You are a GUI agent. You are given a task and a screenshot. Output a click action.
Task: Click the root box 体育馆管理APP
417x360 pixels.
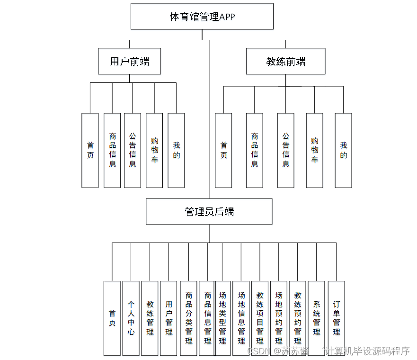coord(202,17)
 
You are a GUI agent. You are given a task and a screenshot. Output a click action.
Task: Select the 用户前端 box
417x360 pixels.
coord(129,61)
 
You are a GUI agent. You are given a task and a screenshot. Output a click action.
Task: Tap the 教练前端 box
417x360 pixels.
coord(285,61)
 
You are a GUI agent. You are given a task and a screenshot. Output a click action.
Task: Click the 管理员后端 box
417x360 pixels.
coord(209,211)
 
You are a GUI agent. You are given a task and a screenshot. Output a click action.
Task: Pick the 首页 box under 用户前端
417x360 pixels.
coord(90,150)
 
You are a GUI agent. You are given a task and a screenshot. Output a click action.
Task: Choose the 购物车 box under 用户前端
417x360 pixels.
coord(154,150)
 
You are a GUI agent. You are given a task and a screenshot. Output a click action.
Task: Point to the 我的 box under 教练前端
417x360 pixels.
coord(343,150)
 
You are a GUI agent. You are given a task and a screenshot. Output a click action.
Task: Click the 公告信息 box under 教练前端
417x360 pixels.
coord(285,150)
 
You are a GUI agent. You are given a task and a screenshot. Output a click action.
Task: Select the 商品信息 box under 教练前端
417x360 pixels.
coord(254,150)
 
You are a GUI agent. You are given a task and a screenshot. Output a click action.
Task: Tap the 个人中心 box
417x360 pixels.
coord(131,318)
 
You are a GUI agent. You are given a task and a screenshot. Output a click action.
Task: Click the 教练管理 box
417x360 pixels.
coord(150,318)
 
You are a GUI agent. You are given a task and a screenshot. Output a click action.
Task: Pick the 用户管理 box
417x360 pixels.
coord(169,318)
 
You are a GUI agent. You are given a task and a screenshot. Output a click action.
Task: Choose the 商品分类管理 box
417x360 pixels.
coord(188,318)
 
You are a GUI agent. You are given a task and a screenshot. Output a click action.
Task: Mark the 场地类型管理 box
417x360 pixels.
coord(222,318)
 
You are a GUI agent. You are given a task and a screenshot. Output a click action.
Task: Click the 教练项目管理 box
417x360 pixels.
coord(260,318)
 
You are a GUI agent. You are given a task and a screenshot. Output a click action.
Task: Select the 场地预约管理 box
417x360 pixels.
coord(279,318)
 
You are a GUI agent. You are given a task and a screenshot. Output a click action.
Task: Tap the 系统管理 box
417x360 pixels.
coord(316,318)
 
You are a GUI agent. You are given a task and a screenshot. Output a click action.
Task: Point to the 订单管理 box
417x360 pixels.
coord(336,318)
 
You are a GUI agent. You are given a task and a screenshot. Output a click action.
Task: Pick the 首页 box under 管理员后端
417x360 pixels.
coord(112,318)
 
